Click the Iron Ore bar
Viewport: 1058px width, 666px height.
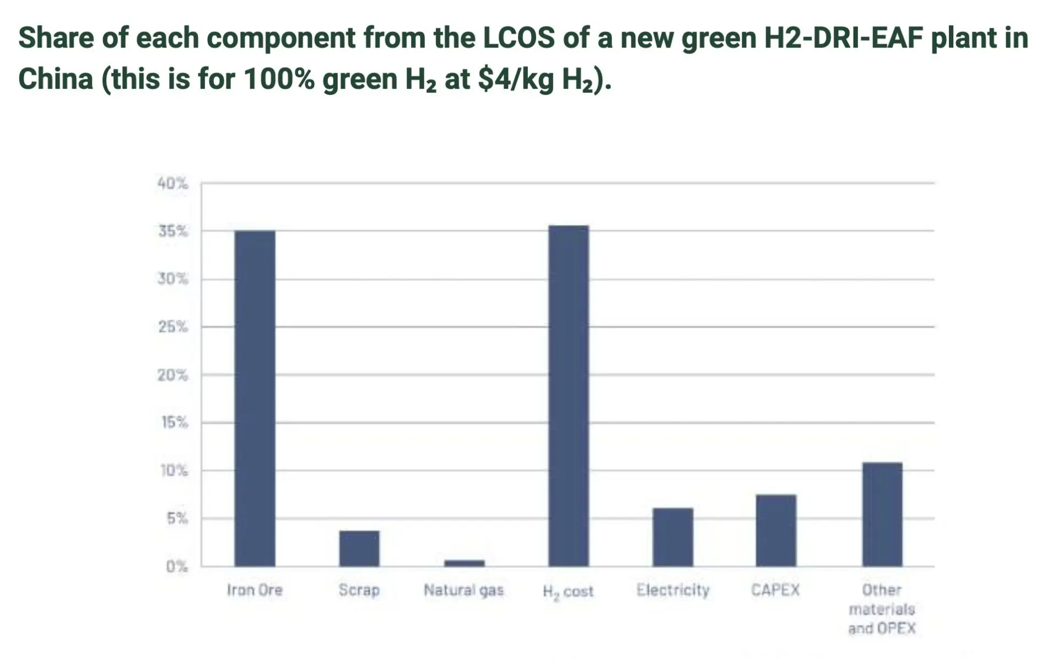255,398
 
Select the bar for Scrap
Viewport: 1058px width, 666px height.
359,548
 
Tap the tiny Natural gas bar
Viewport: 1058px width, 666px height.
465,563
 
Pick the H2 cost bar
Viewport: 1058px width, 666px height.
569,395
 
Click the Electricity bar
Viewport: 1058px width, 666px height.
673,537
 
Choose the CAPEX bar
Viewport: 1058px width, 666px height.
776,530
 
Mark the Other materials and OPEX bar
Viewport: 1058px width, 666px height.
882,514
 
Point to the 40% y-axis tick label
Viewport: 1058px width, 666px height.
172,184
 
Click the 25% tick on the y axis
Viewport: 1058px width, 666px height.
173,327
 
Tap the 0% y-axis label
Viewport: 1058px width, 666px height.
177,566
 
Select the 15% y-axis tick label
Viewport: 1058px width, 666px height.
175,423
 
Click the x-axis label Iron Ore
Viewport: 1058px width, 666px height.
255,590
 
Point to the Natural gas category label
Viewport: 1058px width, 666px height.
463,590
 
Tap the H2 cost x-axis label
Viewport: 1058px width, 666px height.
568,592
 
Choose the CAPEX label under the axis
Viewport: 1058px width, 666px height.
775,590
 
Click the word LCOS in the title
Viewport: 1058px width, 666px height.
519,38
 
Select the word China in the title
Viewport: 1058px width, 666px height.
56,79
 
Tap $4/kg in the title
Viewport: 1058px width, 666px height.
516,79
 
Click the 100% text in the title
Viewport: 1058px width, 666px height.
278,79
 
